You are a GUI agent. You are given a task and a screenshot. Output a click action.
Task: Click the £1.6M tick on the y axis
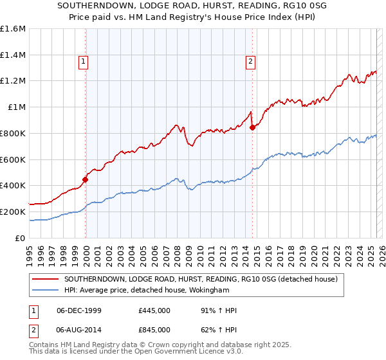[13, 29]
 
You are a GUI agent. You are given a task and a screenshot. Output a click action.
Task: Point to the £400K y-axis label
[13, 185]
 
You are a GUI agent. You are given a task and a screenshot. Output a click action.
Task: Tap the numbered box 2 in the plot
[250, 62]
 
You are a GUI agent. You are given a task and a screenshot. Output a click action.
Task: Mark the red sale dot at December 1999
[86, 180]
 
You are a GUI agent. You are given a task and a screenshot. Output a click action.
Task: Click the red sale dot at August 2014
[252, 127]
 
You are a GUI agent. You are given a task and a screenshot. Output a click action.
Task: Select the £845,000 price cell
[154, 330]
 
